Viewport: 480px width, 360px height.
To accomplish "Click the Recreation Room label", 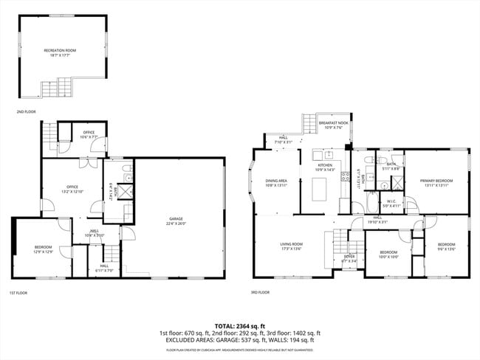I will [59, 50].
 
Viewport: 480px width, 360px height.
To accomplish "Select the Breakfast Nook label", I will [333, 123].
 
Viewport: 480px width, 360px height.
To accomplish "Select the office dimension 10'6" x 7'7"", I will [89, 136].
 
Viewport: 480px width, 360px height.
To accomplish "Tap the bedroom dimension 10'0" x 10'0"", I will [388, 257].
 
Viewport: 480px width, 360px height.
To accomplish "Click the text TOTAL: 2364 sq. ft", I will [239, 325].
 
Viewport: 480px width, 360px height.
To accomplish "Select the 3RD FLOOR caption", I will [260, 292].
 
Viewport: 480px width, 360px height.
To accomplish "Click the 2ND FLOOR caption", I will [26, 111].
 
